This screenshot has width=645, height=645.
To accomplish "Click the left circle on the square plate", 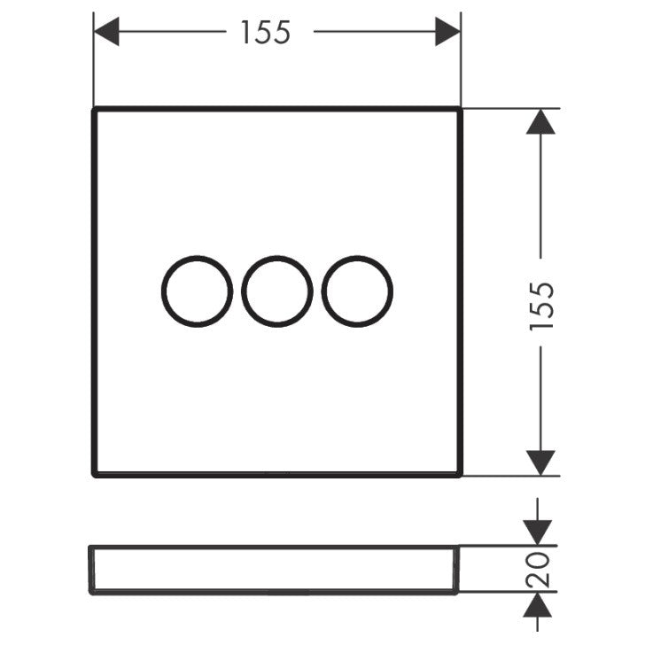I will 197,291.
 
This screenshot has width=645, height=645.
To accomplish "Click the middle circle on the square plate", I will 277,291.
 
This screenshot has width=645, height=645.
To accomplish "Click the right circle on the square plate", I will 357,291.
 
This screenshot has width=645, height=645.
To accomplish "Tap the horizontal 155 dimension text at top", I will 265,33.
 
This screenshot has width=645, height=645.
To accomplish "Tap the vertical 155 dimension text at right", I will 540,306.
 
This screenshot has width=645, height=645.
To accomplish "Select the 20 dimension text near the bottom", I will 540,570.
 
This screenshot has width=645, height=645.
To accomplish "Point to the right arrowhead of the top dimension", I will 447,33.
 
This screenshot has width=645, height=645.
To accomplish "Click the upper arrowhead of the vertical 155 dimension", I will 540,121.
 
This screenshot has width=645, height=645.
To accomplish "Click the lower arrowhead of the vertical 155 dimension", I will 540,462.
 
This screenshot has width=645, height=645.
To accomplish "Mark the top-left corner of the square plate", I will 94,109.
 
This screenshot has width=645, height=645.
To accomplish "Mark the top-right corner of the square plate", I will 460,109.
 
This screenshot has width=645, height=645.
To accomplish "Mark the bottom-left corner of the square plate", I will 94,475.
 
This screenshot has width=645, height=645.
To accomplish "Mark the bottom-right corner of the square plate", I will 460,475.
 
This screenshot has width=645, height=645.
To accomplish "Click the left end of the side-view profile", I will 90,570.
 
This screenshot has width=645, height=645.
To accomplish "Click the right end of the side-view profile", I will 460,570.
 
